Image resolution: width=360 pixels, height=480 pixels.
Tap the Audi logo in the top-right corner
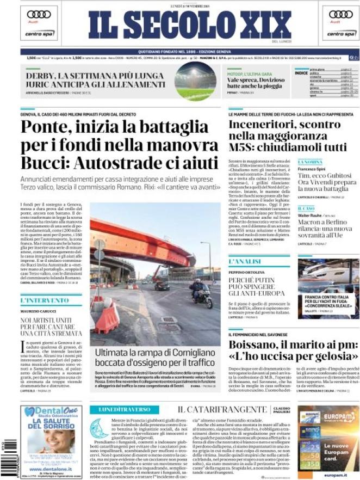click(340, 15)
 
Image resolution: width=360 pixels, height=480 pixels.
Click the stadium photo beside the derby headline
click(195, 81)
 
